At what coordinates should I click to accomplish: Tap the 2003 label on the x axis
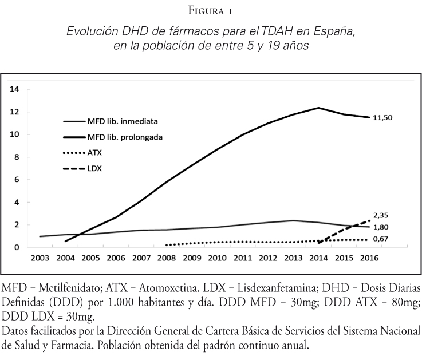coord(40,259)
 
